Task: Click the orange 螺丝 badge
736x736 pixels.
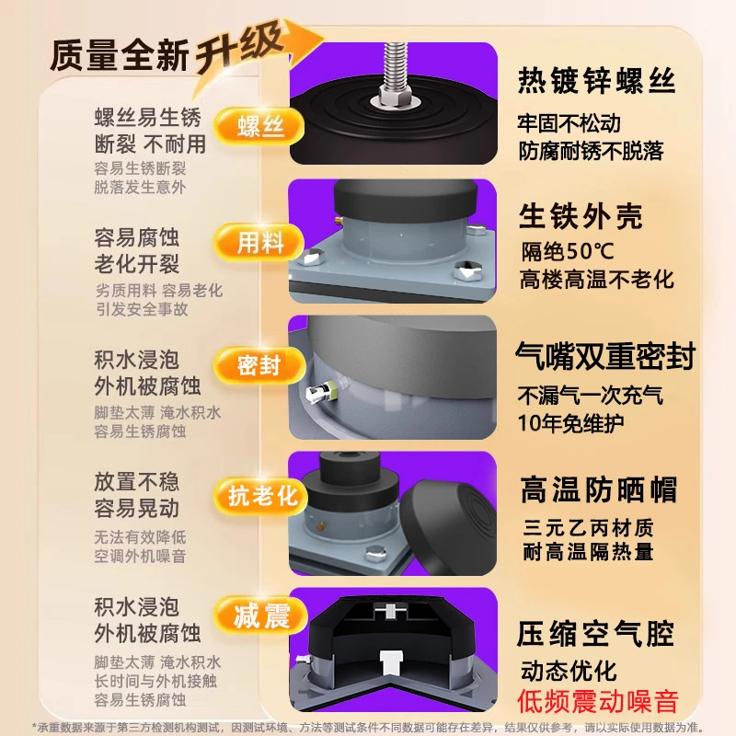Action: coord(259,126)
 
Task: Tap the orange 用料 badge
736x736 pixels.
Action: coord(259,242)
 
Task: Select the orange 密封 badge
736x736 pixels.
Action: coord(259,365)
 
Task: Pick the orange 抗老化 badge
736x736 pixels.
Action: coord(260,496)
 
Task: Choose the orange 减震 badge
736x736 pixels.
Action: coord(260,615)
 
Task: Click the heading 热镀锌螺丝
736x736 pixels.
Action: coord(596,81)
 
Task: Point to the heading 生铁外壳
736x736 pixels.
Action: coord(581,216)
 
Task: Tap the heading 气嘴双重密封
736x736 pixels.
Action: coord(605,356)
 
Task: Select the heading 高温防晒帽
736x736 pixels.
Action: coord(599,489)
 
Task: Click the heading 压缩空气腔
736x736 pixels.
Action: coord(595,634)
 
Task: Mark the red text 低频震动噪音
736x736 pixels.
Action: coord(598,702)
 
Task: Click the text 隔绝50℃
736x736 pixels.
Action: coord(568,251)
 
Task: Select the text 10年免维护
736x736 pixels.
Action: coord(570,423)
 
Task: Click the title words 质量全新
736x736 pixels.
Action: coord(120,55)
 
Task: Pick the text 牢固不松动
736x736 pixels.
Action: coord(569,123)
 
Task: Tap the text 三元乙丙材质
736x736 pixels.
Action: coord(588,528)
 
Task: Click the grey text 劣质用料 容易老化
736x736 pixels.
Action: coord(159,291)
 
